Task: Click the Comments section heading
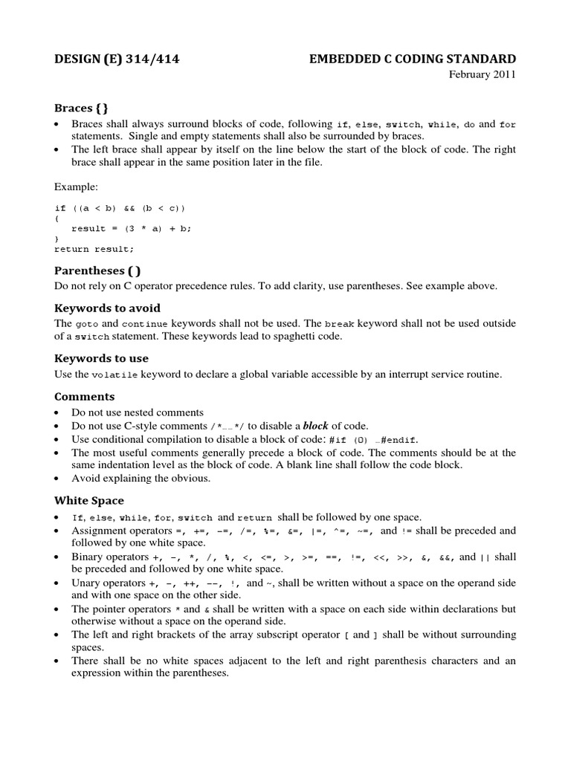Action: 85,396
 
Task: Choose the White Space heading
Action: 89,500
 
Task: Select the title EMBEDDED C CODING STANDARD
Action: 412,59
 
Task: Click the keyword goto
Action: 84,325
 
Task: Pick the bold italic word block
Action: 315,425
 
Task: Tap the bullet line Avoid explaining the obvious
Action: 141,478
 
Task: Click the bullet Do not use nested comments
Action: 137,412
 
